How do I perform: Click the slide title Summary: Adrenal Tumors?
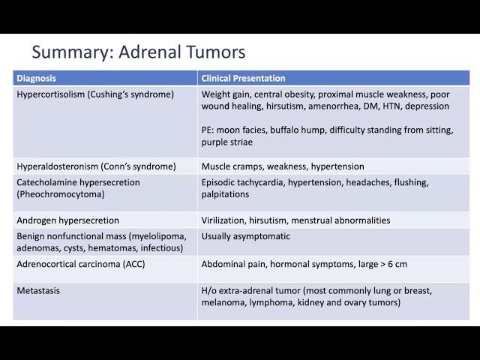click(x=139, y=52)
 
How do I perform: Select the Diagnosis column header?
click(x=36, y=78)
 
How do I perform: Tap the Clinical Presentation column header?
click(x=243, y=78)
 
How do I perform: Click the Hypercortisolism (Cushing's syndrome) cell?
click(x=95, y=94)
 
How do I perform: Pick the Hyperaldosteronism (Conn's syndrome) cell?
click(x=96, y=166)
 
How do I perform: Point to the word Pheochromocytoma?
click(x=59, y=193)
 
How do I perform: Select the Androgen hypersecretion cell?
click(x=67, y=220)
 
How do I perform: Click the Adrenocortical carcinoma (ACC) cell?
click(x=80, y=264)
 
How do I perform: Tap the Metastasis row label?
click(x=38, y=290)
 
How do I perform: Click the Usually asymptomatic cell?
click(x=245, y=236)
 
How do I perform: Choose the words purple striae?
click(x=227, y=142)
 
